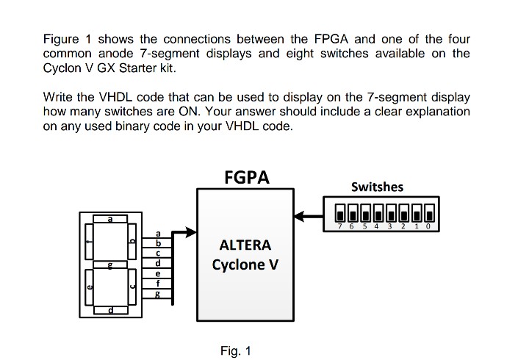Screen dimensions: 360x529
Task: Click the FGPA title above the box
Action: click(246, 177)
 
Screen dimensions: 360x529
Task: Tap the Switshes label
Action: click(377, 187)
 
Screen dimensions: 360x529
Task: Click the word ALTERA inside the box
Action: click(245, 245)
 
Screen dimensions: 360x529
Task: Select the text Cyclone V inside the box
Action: click(245, 264)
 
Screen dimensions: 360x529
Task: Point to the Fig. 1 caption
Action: click(236, 350)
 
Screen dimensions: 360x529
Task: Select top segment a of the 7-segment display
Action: click(110, 219)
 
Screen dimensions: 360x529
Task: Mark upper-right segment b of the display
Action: click(133, 242)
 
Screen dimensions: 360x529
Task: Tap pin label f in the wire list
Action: click(157, 283)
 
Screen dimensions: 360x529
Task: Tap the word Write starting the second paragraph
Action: click(58, 97)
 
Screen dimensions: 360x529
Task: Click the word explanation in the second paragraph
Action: click(436, 112)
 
